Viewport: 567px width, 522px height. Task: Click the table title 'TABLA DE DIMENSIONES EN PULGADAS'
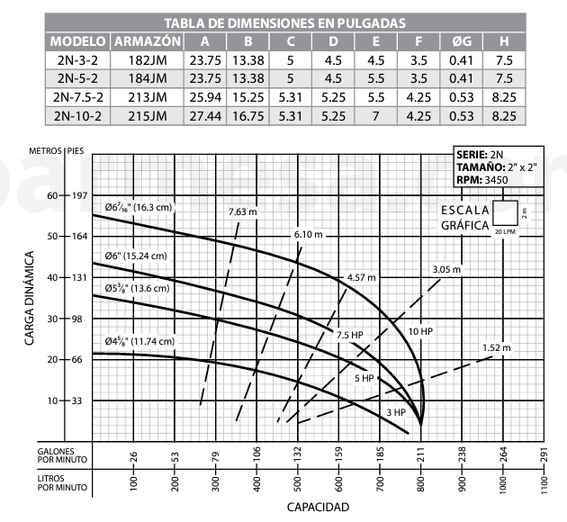[283, 22]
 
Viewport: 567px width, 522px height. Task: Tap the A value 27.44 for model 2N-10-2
[206, 115]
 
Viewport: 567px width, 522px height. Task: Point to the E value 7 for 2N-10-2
[375, 115]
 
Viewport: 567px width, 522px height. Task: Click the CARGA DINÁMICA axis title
[29, 297]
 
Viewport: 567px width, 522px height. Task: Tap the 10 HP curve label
[419, 332]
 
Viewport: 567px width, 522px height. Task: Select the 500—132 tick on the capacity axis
[297, 467]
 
